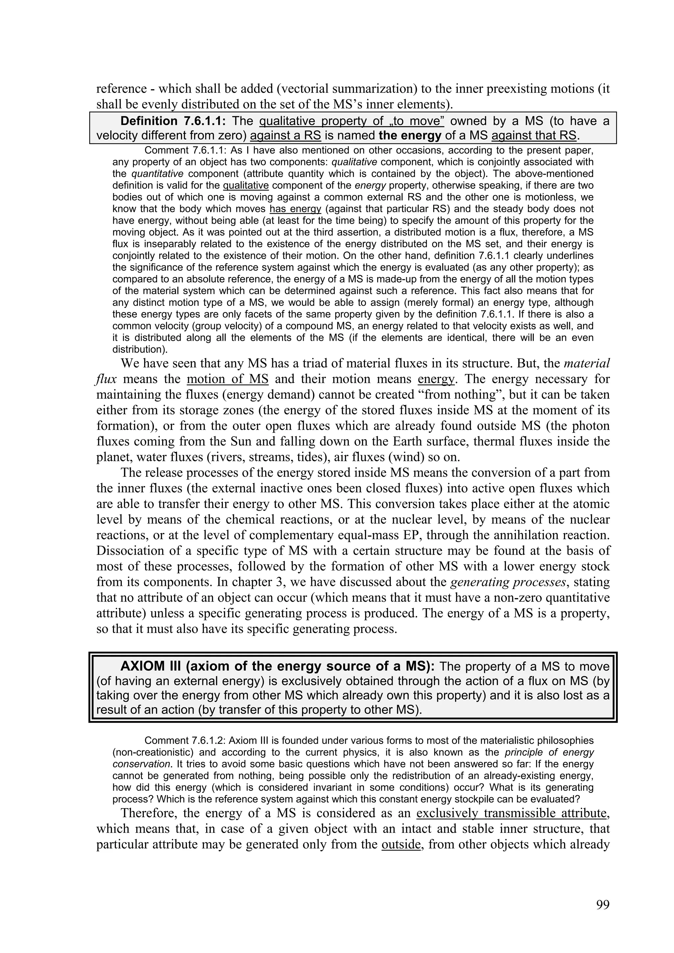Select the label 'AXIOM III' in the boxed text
(x=151, y=666)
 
